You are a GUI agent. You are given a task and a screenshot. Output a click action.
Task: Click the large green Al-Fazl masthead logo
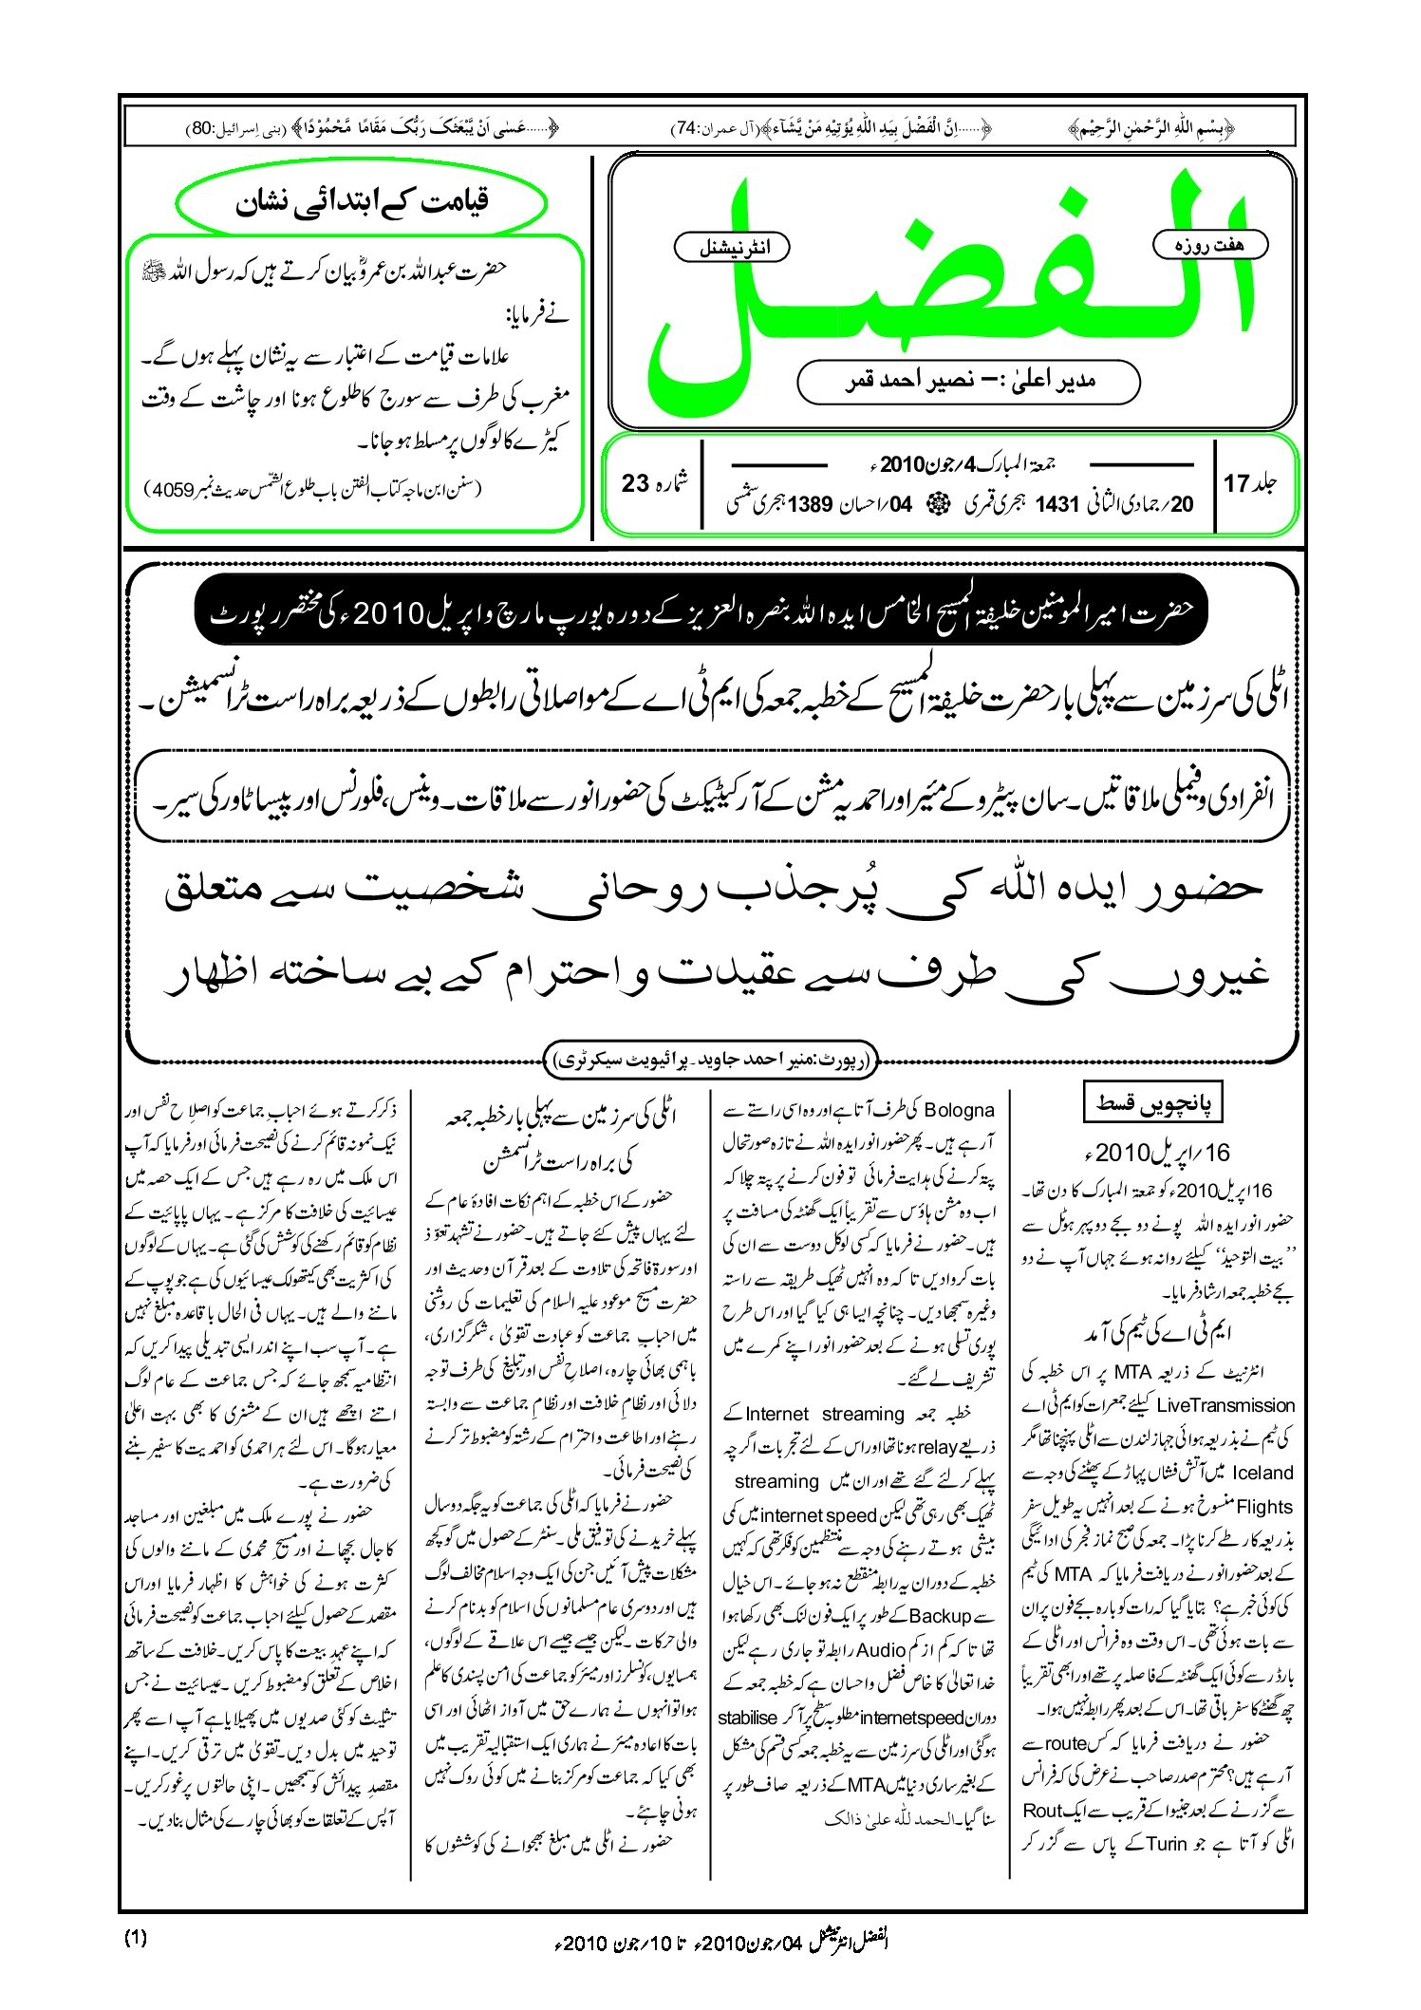pyautogui.click(x=949, y=285)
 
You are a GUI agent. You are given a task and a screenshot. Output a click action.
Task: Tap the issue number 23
pyautogui.click(x=635, y=483)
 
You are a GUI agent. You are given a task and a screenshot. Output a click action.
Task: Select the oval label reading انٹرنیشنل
pyautogui.click(x=731, y=248)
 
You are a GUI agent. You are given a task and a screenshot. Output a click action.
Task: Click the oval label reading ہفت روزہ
pyautogui.click(x=1209, y=245)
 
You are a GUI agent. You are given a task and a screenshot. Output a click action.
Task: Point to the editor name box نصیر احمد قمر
pyautogui.click(x=968, y=382)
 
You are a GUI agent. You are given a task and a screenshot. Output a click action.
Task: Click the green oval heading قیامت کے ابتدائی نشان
pyautogui.click(x=362, y=202)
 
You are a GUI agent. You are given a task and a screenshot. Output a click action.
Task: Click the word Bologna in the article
pyautogui.click(x=959, y=1110)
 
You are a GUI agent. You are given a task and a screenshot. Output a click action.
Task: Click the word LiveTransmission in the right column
pyautogui.click(x=1225, y=1405)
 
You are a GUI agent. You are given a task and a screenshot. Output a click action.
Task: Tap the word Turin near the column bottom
pyautogui.click(x=1167, y=1844)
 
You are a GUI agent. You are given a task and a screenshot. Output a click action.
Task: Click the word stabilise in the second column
pyautogui.click(x=749, y=1718)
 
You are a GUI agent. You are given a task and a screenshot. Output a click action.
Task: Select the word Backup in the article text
pyautogui.click(x=940, y=1616)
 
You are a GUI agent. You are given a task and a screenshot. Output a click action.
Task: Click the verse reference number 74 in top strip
pyautogui.click(x=684, y=128)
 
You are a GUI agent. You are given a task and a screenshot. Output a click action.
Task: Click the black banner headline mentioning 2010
pyautogui.click(x=701, y=612)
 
